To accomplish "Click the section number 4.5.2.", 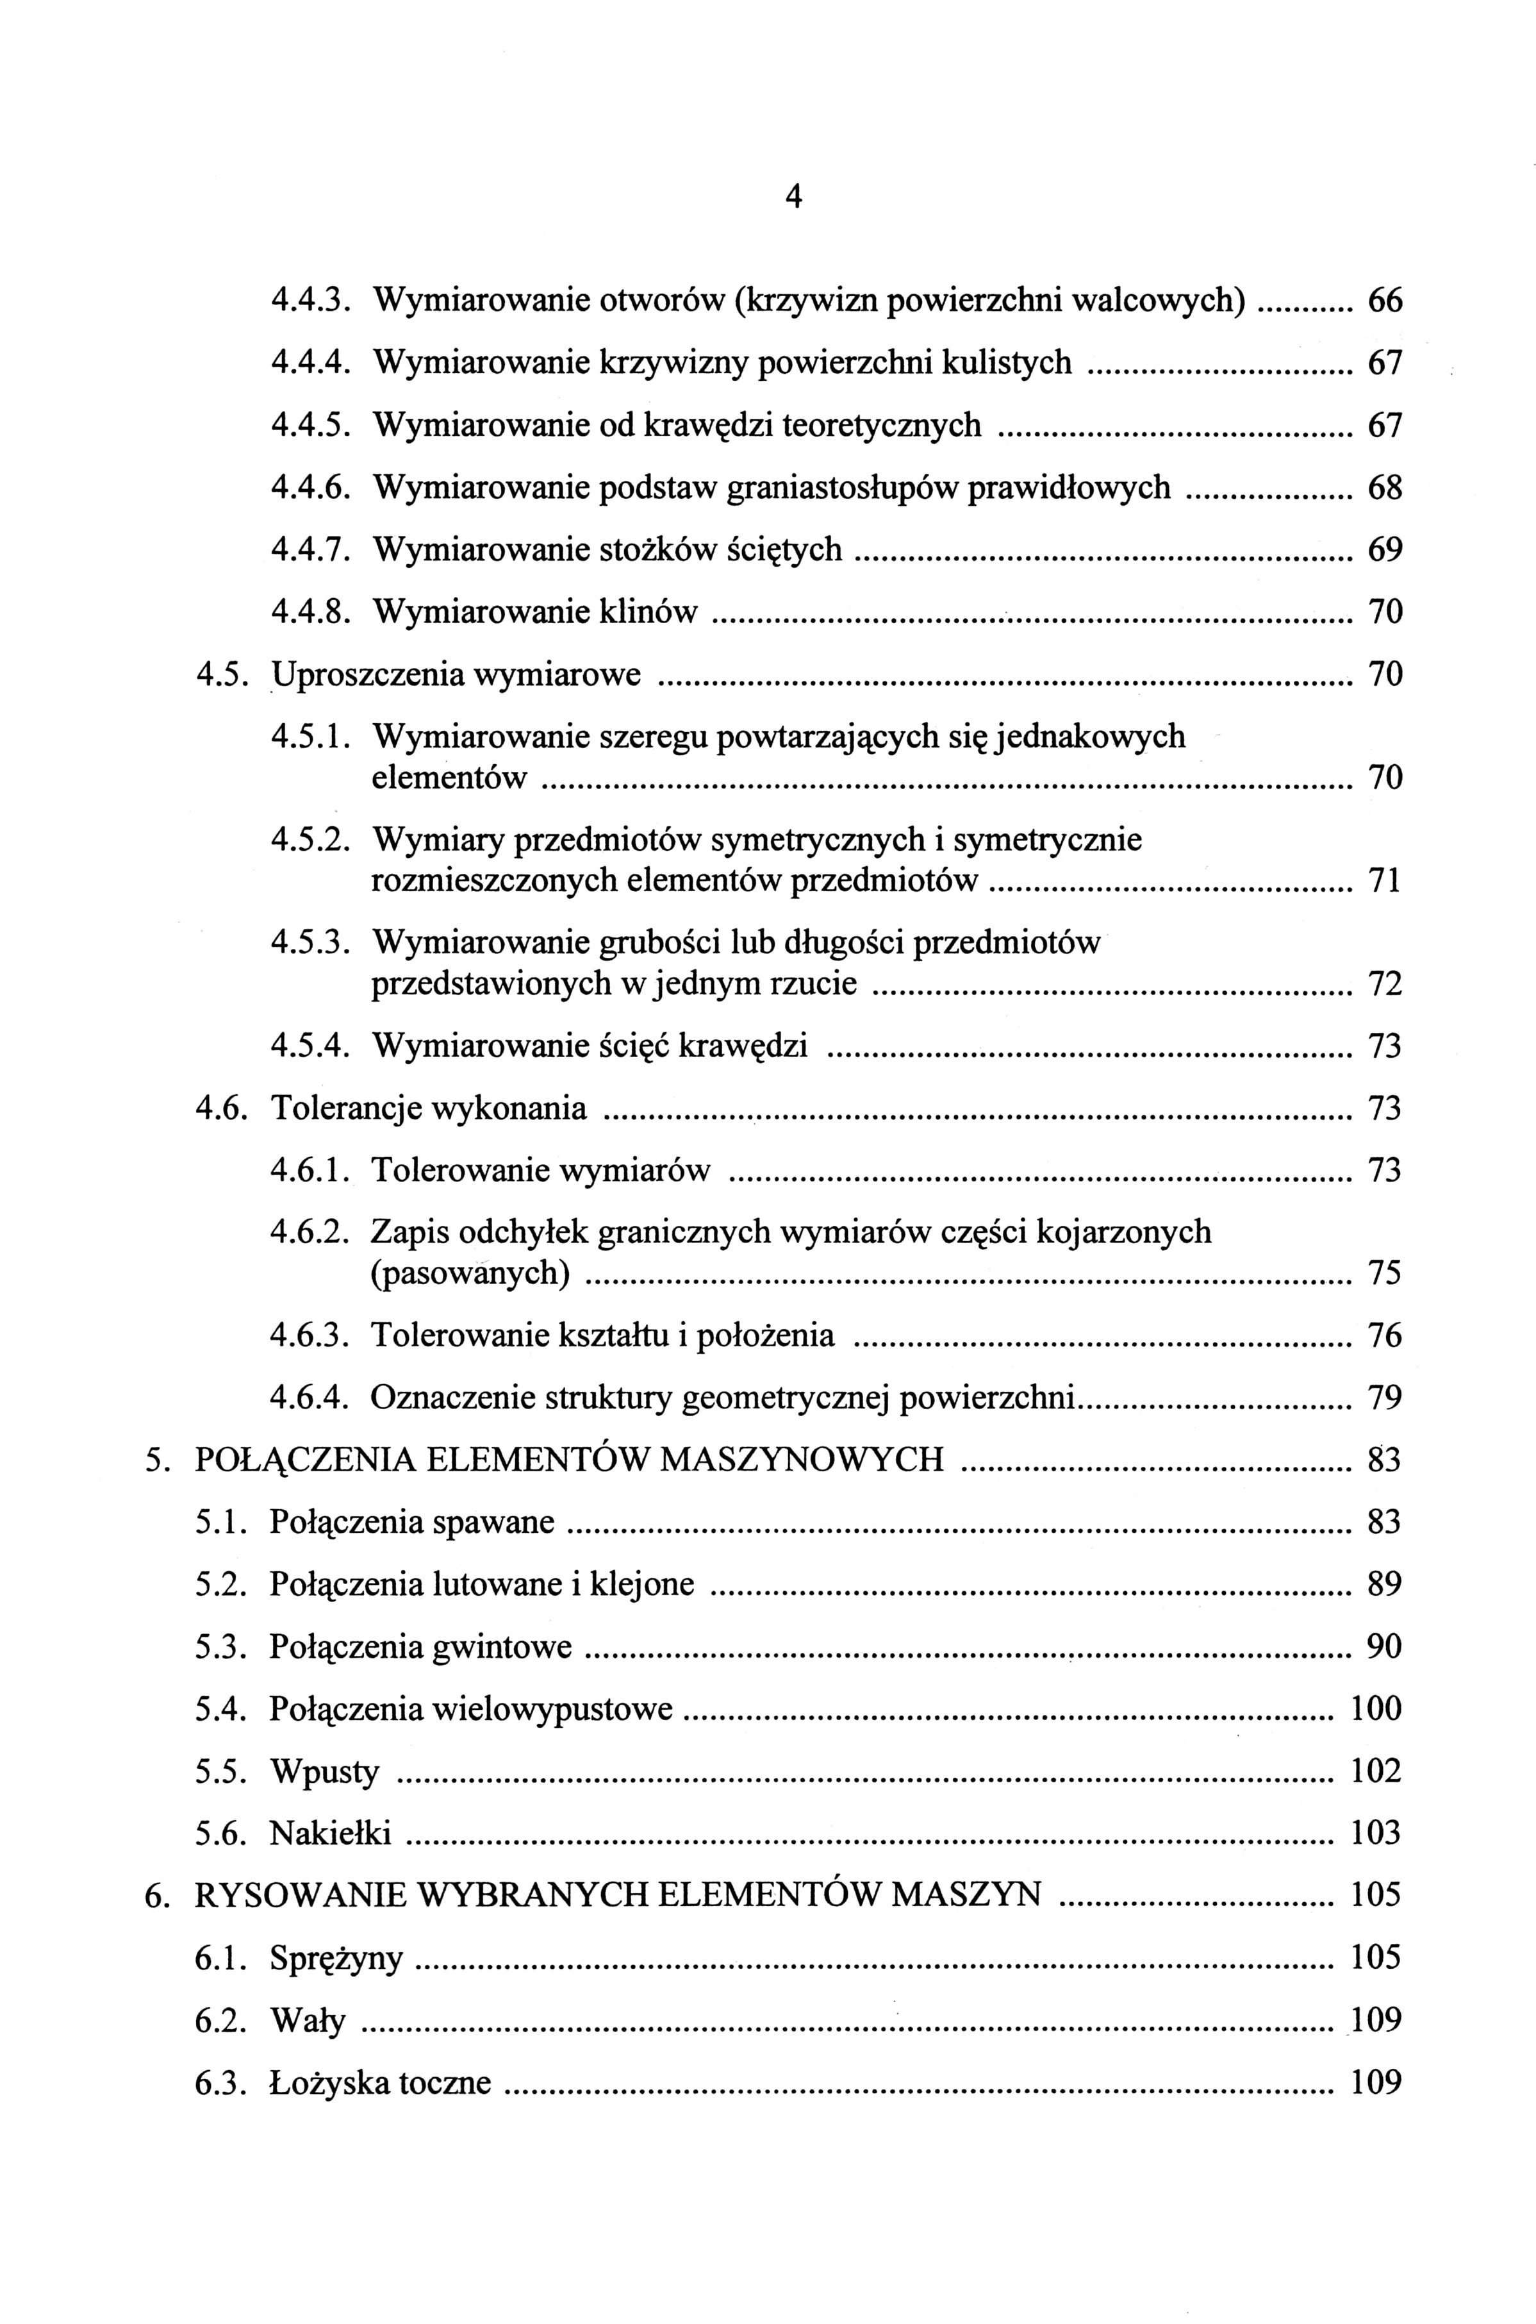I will pos(311,840).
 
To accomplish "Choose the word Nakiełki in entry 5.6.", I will pos(330,1832).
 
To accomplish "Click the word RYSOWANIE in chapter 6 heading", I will pos(301,1895).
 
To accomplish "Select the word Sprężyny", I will pos(336,1959).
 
